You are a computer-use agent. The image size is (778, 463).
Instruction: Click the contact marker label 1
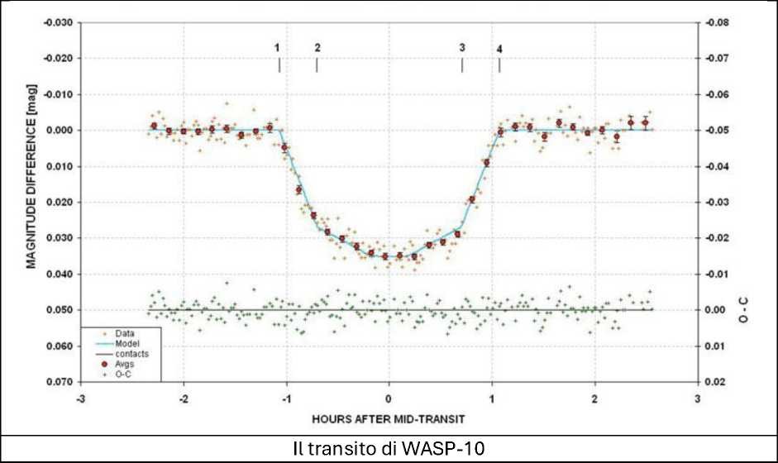pyautogui.click(x=278, y=48)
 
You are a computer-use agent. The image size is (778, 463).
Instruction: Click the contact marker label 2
pyautogui.click(x=317, y=48)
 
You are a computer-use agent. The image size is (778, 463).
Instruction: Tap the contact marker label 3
pyautogui.click(x=462, y=48)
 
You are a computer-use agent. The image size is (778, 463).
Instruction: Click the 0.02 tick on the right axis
pyautogui.click(x=713, y=382)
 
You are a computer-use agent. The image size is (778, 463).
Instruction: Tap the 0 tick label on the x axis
pyautogui.click(x=389, y=398)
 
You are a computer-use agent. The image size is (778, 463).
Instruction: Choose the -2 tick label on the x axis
pyautogui.click(x=183, y=398)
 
